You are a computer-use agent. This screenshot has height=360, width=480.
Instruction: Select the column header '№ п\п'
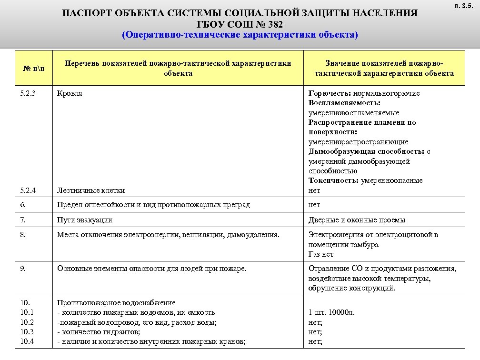click(x=33, y=69)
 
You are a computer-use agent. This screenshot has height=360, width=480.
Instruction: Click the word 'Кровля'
click(x=70, y=93)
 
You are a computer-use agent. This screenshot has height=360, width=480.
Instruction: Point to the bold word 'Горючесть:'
click(x=330, y=93)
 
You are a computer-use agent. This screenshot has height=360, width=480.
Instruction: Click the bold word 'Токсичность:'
click(x=334, y=180)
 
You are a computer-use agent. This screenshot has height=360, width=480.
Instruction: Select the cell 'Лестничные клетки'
click(x=91, y=190)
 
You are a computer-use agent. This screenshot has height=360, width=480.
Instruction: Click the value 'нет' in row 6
click(x=314, y=205)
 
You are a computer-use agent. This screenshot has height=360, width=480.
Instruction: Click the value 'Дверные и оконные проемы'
click(x=357, y=220)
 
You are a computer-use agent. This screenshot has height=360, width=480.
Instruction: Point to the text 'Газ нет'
click(x=321, y=254)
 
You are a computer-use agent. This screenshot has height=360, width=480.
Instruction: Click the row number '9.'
click(x=23, y=269)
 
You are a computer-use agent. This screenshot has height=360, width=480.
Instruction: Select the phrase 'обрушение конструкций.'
click(x=351, y=288)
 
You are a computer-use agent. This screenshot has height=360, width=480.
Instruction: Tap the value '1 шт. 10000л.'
click(x=331, y=313)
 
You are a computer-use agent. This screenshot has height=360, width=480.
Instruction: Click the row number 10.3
click(x=27, y=332)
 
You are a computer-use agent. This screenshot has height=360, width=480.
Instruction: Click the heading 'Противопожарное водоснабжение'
click(x=116, y=303)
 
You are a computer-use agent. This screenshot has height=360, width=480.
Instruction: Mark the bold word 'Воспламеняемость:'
click(x=344, y=103)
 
